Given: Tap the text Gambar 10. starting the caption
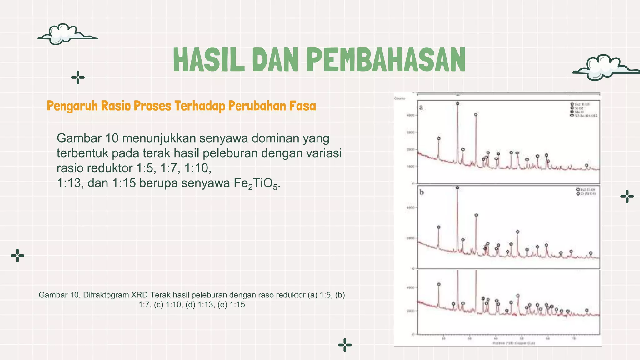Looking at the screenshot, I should (x=59, y=295).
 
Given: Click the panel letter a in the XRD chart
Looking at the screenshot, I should (x=421, y=107).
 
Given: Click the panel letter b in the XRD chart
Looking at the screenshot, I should (x=422, y=192).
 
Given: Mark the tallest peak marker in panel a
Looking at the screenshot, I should (x=457, y=103).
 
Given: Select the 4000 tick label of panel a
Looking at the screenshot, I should (x=410, y=115).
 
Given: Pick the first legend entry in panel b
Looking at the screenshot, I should (x=586, y=190).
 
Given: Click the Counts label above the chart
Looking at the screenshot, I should (x=400, y=98).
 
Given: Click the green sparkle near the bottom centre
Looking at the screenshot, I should (x=345, y=345).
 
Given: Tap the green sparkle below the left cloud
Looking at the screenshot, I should (x=78, y=77).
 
